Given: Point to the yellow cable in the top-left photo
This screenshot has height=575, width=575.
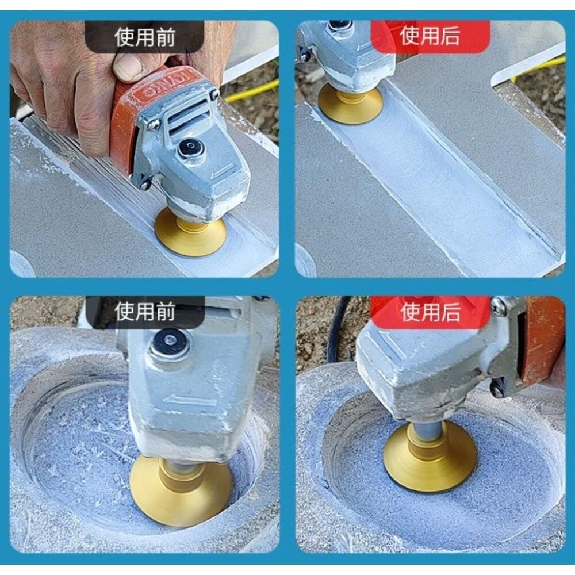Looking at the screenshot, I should coord(253,92).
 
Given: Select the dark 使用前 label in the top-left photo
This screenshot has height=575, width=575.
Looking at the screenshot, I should coord(144,37).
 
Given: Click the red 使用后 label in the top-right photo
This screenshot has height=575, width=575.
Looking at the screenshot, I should coord(430,36).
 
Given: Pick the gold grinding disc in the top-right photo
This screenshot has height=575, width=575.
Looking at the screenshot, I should coord(350,103).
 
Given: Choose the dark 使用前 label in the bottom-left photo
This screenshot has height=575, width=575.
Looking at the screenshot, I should coord(144,312).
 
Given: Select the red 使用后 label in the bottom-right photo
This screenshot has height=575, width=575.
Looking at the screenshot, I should coord(430,312).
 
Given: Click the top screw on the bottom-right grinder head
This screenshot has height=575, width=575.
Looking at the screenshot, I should coord(498,306).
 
